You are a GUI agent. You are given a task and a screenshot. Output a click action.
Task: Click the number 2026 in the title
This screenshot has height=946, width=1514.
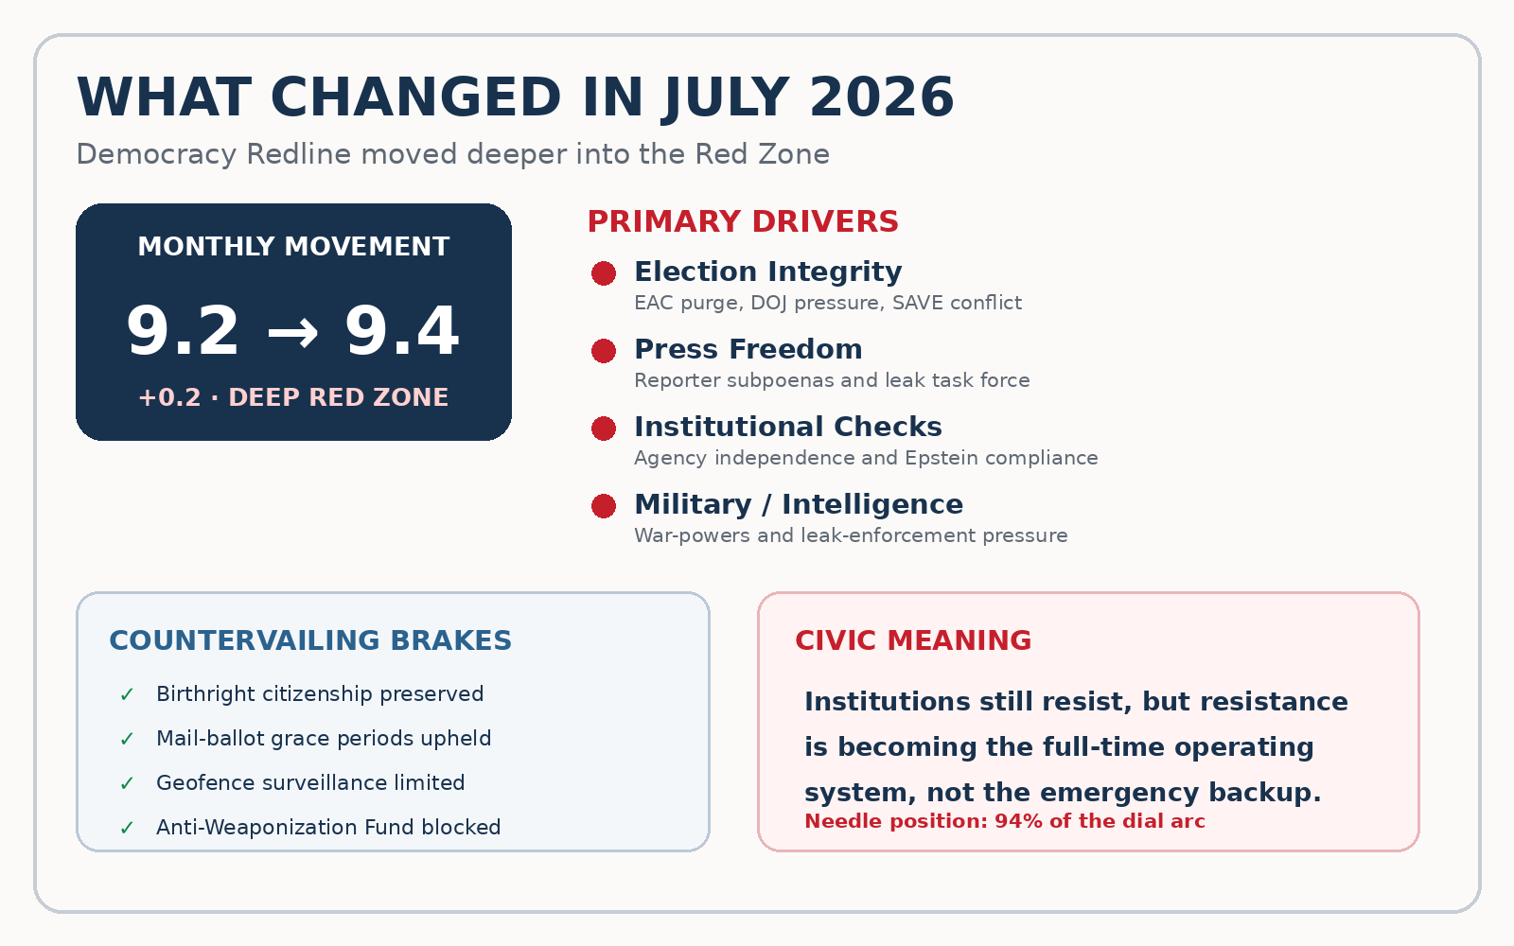(x=881, y=98)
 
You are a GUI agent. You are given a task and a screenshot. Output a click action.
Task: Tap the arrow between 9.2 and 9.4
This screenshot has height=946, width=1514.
(x=292, y=333)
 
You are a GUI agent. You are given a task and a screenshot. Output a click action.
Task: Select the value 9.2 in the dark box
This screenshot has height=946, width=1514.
(x=183, y=331)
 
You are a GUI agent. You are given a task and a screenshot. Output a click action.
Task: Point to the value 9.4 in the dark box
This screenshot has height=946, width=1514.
(x=402, y=331)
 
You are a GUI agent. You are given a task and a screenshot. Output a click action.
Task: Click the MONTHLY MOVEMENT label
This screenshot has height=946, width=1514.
(x=293, y=247)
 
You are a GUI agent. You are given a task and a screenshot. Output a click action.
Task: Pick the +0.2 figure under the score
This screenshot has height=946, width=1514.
(x=169, y=397)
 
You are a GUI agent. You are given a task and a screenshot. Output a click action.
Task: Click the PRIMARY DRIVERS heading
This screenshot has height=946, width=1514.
(x=743, y=221)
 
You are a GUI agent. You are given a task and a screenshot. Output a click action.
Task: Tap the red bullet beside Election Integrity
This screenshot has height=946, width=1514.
(x=604, y=273)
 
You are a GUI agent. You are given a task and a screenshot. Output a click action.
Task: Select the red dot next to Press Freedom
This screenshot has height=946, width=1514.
(x=604, y=351)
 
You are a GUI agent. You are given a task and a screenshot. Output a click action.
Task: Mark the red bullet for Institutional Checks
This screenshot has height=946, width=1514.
(x=604, y=429)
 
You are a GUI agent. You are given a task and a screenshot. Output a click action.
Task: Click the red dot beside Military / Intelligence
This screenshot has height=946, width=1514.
(x=604, y=506)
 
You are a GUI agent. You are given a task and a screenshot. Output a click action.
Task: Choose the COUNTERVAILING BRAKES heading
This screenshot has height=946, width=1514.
(x=310, y=640)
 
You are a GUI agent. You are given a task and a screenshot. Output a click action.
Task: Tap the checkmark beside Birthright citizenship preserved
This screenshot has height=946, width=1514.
(x=127, y=694)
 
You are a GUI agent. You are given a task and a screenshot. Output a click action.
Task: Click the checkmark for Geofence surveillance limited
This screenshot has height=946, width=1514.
(x=127, y=783)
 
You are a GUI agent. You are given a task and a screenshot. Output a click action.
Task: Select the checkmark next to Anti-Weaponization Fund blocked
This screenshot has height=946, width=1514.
(x=127, y=828)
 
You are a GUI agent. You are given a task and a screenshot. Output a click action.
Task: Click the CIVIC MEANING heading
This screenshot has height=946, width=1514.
(x=913, y=640)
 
